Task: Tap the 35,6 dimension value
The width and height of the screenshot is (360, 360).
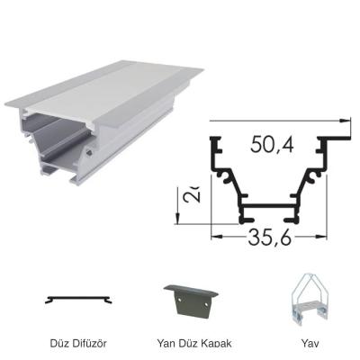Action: pyautogui.click(x=268, y=240)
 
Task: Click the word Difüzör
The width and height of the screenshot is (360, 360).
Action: pyautogui.click(x=90, y=343)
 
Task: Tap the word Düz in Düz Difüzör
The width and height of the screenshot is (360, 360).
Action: pyautogui.click(x=60, y=343)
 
